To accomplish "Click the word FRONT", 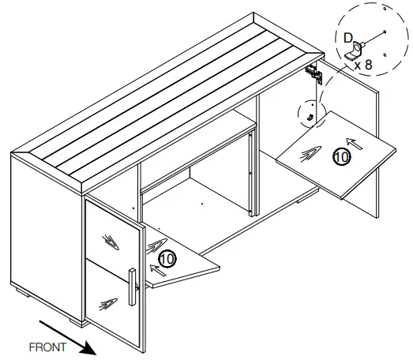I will [x=47, y=346].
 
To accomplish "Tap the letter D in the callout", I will [x=348, y=36].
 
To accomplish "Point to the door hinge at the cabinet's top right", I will [x=315, y=73].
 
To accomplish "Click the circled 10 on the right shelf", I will [x=340, y=156].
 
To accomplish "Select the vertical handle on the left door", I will [x=132, y=288].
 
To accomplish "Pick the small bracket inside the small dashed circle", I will [x=311, y=118].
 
